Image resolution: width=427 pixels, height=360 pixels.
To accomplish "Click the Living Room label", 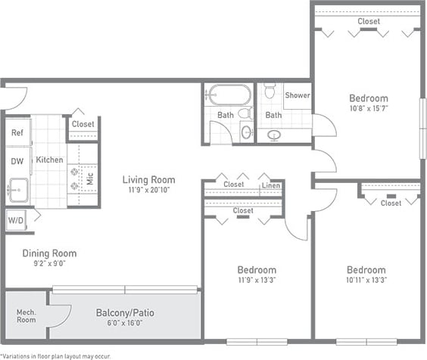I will tap(149, 180).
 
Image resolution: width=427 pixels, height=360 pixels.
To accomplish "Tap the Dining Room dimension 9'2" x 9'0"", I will tap(48, 265).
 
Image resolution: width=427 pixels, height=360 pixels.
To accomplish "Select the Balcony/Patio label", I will tap(126, 312).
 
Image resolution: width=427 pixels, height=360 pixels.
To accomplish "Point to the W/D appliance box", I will tap(15, 220).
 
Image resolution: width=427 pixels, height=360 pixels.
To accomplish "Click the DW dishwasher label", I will tap(17, 160).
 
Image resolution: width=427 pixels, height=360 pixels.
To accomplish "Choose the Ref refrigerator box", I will tap(17, 132).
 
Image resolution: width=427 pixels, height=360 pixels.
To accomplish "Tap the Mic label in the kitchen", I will tap(89, 179).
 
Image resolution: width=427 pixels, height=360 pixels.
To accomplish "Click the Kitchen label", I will tap(49, 160).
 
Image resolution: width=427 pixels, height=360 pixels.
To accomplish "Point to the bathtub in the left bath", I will tap(229, 95).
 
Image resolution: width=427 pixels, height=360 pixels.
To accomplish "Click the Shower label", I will tap(297, 95).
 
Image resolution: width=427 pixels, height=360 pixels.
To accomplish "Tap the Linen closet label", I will tap(270, 185).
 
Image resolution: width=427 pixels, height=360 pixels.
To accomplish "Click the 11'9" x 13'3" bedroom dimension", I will tap(257, 281).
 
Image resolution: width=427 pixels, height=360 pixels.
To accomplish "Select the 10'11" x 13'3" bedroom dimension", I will tap(366, 281).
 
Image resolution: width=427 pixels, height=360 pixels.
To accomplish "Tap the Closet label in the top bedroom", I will tap(369, 21).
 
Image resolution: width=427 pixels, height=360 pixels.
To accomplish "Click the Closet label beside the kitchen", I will tap(83, 124).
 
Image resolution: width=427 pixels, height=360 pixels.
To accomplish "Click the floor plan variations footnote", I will tap(56, 355).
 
